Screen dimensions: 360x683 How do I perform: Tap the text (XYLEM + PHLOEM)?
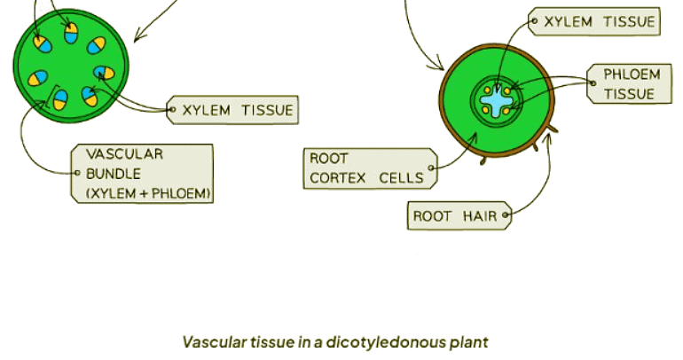point(148,193)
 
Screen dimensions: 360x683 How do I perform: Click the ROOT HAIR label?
point(459,215)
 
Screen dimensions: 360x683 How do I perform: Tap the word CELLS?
point(401,178)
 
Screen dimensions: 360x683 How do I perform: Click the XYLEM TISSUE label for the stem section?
point(233,112)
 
